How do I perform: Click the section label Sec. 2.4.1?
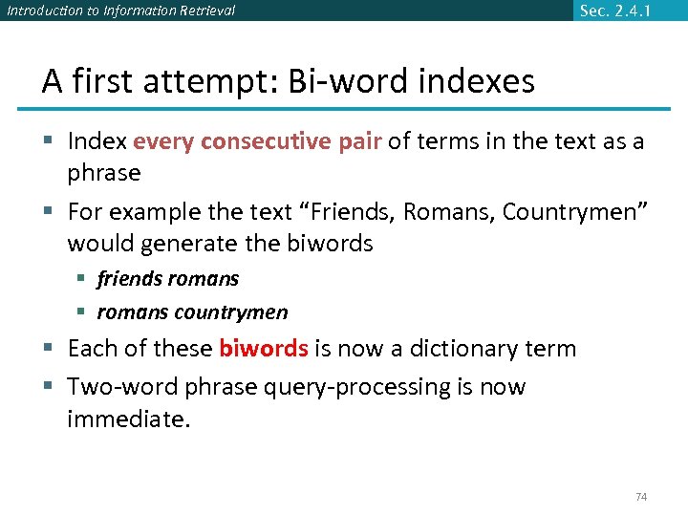tap(621, 11)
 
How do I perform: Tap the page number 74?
tap(641, 497)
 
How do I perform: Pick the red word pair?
tap(360, 142)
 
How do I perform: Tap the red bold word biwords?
tap(263, 348)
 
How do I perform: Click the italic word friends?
tap(130, 279)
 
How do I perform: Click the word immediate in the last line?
tap(128, 418)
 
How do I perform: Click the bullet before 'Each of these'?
tap(48, 349)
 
